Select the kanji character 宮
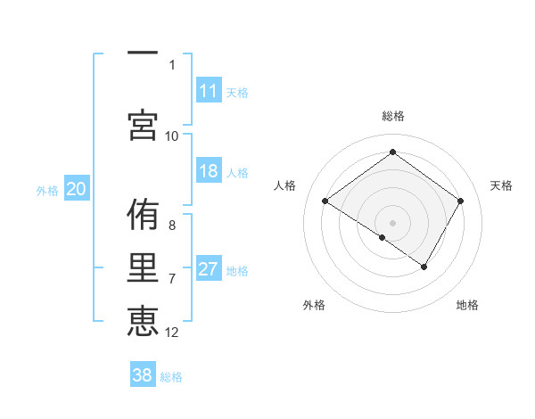(x=143, y=124)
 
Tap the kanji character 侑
(x=143, y=217)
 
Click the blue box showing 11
(x=209, y=91)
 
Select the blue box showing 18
(x=209, y=171)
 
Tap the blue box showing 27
(x=209, y=270)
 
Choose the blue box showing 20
(x=76, y=189)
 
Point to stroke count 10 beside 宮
(x=172, y=136)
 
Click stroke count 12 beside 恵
(x=172, y=333)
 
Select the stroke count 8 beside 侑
(x=172, y=225)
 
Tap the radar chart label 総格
(x=392, y=116)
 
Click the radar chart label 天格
(x=501, y=185)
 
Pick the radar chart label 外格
(x=314, y=305)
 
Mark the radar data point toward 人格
(x=325, y=201)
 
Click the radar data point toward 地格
(x=424, y=267)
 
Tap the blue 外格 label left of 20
(x=47, y=190)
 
